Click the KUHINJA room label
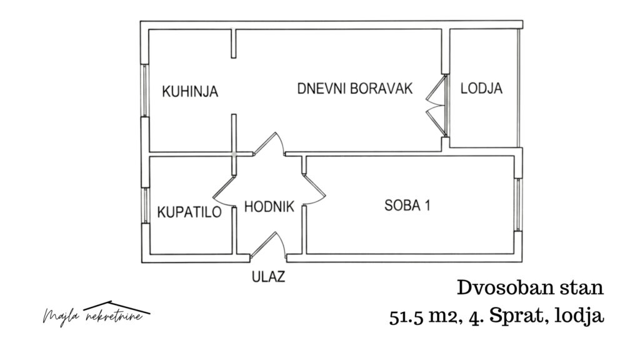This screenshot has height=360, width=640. point(190,91)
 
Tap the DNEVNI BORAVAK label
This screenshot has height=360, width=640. point(355,89)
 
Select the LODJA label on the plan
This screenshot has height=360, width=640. point(481,88)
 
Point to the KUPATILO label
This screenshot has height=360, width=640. point(189,212)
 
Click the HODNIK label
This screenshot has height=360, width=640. point(269,206)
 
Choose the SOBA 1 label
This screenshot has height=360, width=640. point(407,205)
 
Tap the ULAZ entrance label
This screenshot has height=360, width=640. point(268,277)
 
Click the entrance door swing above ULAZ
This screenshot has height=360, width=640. point(267,246)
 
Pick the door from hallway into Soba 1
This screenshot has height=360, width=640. point(314,189)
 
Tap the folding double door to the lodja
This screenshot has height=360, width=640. point(436,105)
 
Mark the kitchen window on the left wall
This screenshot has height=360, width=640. point(144,90)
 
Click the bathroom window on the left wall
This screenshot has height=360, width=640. point(145,205)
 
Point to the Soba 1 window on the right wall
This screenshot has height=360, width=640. point(518,204)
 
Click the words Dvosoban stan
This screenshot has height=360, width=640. point(530,287)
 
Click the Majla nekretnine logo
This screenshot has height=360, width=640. point(96,314)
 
